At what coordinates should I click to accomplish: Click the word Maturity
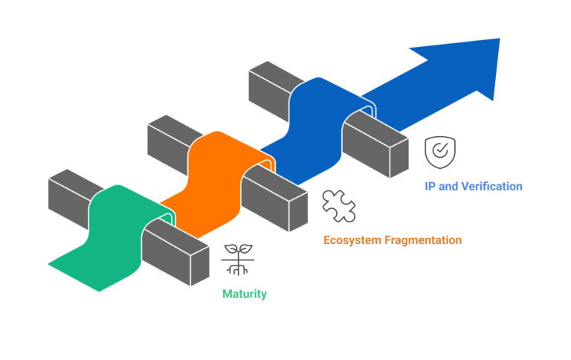245,294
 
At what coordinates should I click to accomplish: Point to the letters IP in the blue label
430,186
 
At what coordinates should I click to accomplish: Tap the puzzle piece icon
338,206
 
